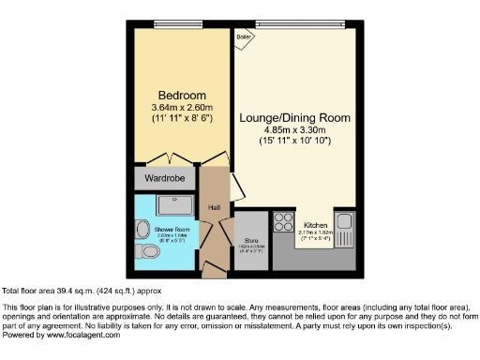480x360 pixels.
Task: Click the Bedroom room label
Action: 181,96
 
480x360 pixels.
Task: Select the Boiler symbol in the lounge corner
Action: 245,37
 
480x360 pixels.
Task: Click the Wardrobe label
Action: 164,177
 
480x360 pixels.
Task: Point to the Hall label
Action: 213,207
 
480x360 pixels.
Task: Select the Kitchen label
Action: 316,225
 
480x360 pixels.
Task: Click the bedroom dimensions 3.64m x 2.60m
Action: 181,108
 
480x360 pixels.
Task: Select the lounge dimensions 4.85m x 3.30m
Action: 294,129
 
